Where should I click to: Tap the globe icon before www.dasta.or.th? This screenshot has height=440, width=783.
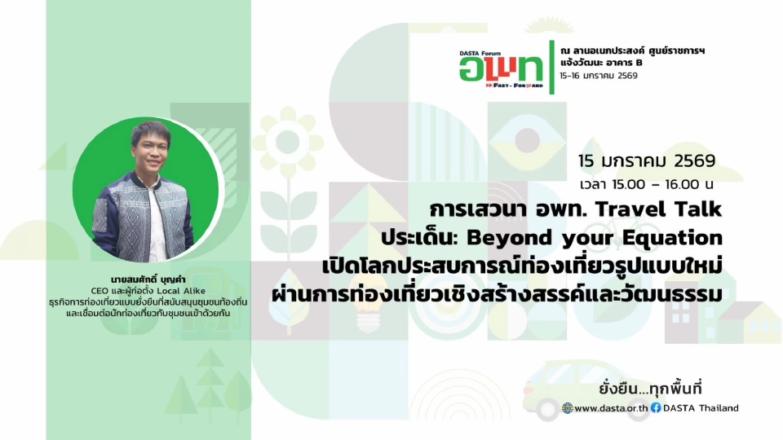pos(568,407)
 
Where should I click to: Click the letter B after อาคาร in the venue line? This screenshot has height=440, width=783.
pos(639,62)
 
